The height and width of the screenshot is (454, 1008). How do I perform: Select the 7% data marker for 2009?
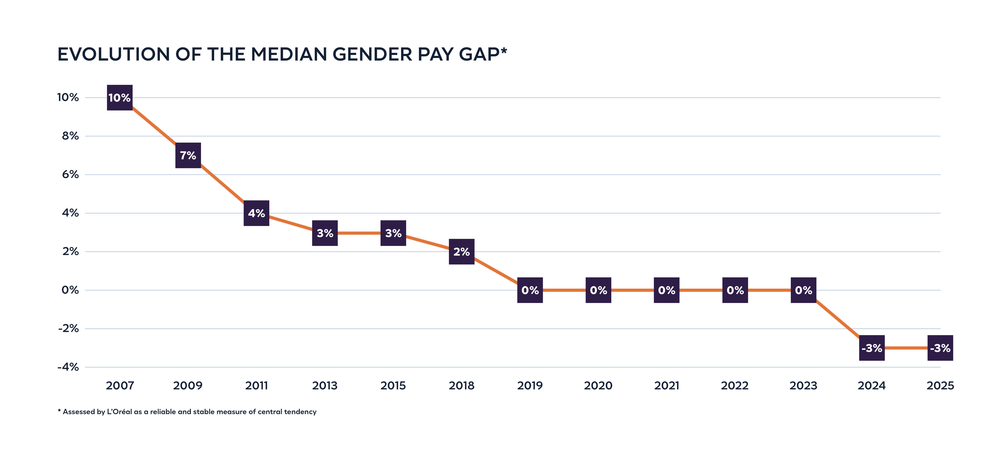pyautogui.click(x=188, y=155)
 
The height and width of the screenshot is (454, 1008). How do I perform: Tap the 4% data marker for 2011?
pyautogui.click(x=256, y=213)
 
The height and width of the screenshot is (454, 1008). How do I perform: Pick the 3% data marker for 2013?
pyautogui.click(x=325, y=233)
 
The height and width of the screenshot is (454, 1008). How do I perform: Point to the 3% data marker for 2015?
pyautogui.click(x=393, y=233)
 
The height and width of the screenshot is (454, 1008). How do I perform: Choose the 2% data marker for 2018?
pyautogui.click(x=461, y=251)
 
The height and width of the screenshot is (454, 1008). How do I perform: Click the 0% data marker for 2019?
pyautogui.click(x=530, y=290)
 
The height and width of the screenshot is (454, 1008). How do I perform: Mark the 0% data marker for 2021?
pyautogui.click(x=666, y=290)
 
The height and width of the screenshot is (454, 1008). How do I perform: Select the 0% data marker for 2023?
pyautogui.click(x=803, y=290)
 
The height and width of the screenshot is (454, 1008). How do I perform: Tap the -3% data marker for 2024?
pyautogui.click(x=872, y=348)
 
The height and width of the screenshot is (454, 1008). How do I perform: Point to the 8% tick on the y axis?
pyautogui.click(x=70, y=136)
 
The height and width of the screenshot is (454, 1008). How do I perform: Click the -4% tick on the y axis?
pyautogui.click(x=68, y=367)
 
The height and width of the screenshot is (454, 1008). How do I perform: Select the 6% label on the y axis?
pyautogui.click(x=70, y=174)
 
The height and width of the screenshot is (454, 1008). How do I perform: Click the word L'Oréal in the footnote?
pyautogui.click(x=119, y=412)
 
